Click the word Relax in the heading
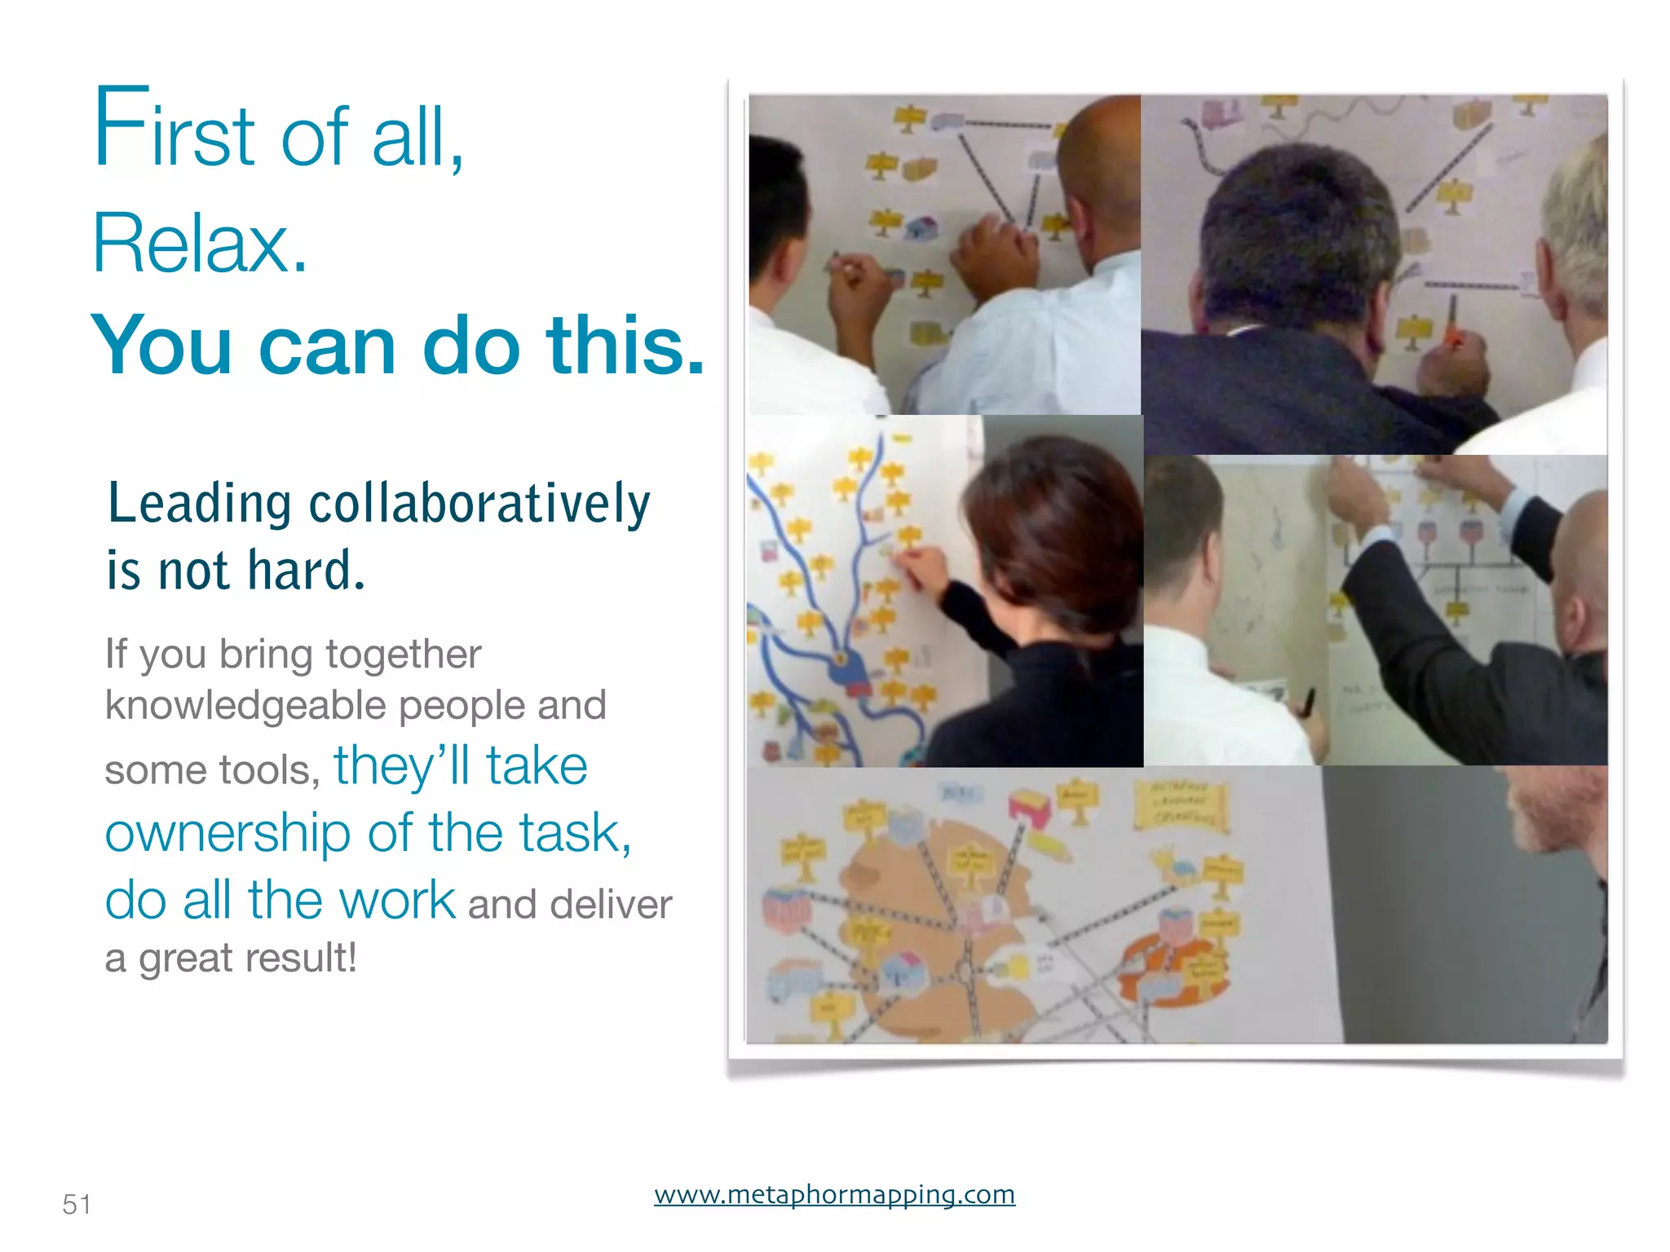[200, 243]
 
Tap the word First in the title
[175, 130]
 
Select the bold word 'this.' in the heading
[625, 346]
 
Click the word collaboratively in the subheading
[479, 504]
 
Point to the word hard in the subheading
[306, 570]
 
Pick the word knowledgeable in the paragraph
[246, 705]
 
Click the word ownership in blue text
[228, 834]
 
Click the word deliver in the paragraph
[611, 904]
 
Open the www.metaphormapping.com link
[834, 1194]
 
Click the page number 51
[77, 1204]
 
